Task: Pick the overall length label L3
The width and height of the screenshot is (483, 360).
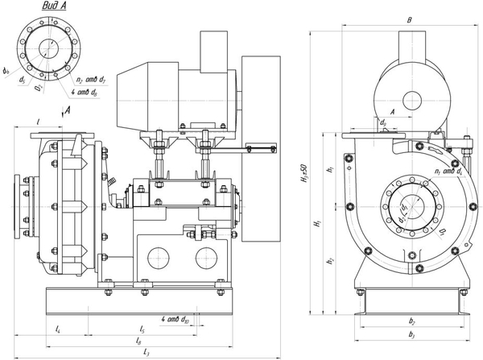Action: click(146, 352)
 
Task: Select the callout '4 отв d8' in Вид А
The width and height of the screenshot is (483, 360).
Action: click(84, 93)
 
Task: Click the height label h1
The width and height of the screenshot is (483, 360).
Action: click(331, 170)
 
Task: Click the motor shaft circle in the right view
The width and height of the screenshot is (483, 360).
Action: click(411, 100)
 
